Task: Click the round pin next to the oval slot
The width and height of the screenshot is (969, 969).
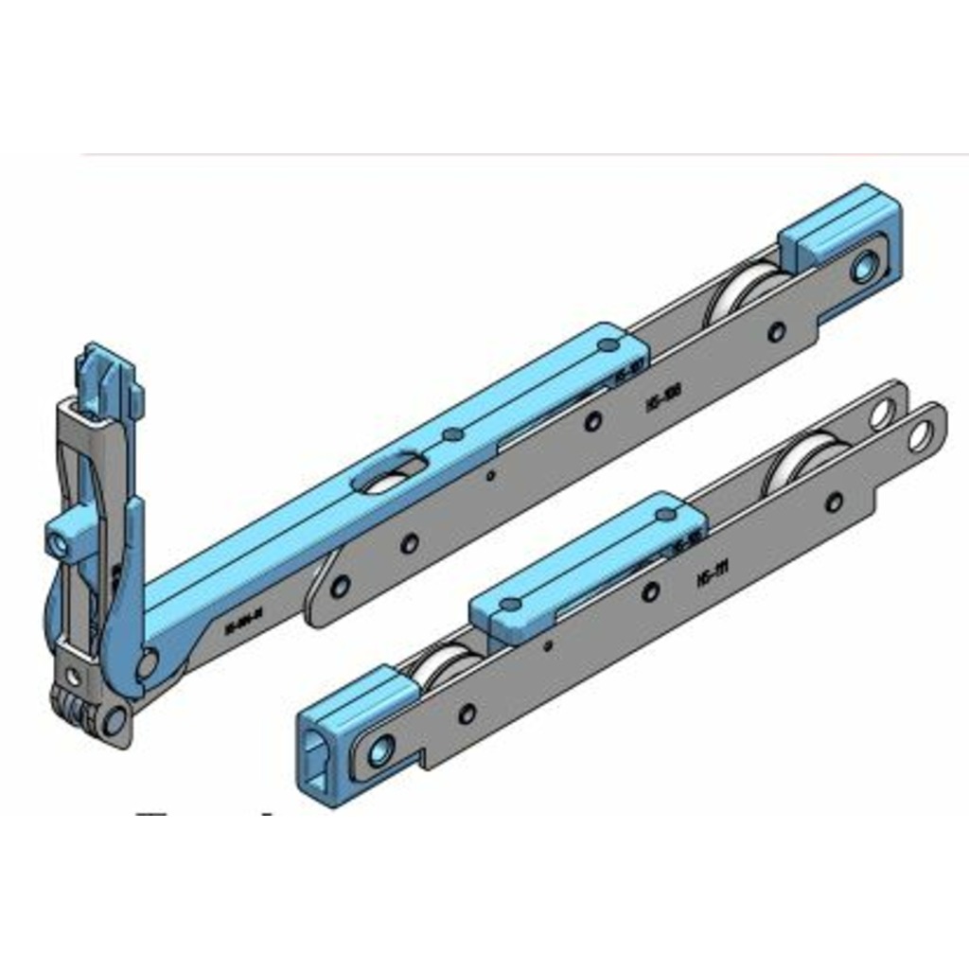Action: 453,434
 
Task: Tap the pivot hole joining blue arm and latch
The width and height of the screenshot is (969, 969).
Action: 147,663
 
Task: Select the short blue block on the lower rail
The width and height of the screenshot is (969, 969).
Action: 587,567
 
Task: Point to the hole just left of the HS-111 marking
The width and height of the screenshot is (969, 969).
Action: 650,592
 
